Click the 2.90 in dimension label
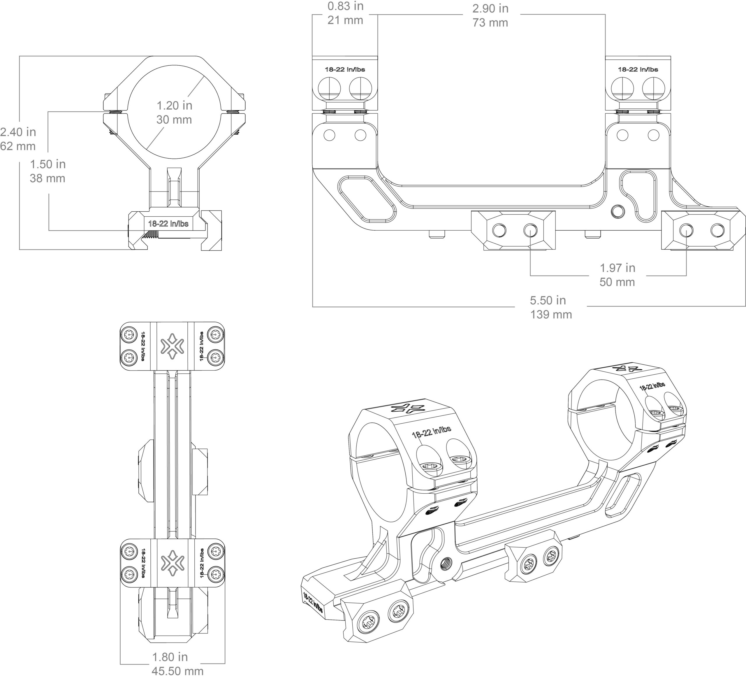tap(490, 8)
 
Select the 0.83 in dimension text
tap(345, 6)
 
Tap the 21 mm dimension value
tap(345, 20)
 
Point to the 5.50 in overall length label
tap(548, 300)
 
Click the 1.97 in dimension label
tap(617, 268)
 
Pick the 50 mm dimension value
tap(617, 282)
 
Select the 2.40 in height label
tap(18, 132)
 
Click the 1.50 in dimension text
tap(48, 164)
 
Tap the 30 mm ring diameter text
tap(174, 120)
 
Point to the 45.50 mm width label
tap(178, 671)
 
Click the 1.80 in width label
tap(170, 657)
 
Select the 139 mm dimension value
tap(551, 315)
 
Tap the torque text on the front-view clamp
tap(168, 224)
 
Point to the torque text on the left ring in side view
tap(345, 69)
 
